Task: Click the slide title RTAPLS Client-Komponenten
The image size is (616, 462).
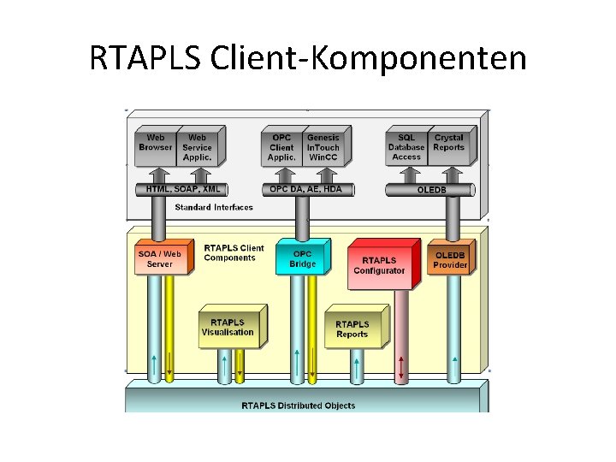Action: pyautogui.click(x=308, y=59)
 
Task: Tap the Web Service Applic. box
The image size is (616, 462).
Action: pyautogui.click(x=197, y=146)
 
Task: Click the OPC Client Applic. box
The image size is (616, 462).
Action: pyautogui.click(x=281, y=146)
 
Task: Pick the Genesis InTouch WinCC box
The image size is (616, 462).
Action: pyautogui.click(x=323, y=146)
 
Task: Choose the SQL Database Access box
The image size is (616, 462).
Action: pyautogui.click(x=406, y=146)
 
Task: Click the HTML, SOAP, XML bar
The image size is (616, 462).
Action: pyautogui.click(x=183, y=189)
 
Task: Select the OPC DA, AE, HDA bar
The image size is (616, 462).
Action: pyautogui.click(x=305, y=189)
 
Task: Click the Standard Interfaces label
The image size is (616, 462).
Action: pyautogui.click(x=214, y=207)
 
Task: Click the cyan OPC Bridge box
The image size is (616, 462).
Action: pyautogui.click(x=302, y=259)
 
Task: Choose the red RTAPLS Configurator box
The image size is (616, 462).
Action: pyautogui.click(x=379, y=265)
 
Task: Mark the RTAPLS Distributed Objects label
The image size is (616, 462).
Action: pyautogui.click(x=298, y=405)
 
